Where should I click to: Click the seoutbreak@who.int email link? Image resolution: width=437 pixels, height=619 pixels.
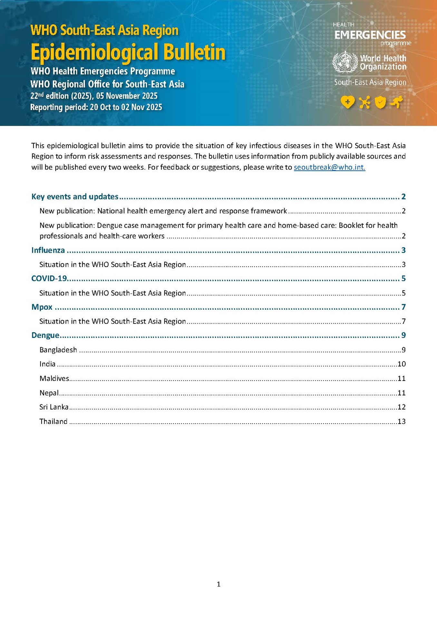[x=329, y=167]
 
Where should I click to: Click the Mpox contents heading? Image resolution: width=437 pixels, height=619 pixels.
[x=42, y=307]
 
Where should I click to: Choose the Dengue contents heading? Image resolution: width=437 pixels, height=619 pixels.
[x=45, y=335]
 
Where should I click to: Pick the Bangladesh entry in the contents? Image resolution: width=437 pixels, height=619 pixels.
[x=58, y=350]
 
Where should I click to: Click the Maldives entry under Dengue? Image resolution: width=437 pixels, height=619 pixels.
[x=54, y=378]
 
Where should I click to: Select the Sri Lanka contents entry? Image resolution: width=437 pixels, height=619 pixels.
[x=54, y=407]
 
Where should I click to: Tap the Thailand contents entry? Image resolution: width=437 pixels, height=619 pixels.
[x=53, y=421]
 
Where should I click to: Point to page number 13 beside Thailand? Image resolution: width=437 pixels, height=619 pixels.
[x=402, y=421]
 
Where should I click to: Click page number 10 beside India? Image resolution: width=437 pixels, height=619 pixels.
[x=402, y=364]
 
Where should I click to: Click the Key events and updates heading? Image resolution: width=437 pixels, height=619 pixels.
[x=75, y=197]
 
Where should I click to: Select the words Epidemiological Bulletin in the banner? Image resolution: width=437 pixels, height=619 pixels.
[x=128, y=53]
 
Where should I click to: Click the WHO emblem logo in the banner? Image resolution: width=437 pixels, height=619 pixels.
[x=345, y=62]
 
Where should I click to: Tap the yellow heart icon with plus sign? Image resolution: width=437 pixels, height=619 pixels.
[x=347, y=102]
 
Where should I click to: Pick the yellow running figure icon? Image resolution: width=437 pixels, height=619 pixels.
[x=397, y=102]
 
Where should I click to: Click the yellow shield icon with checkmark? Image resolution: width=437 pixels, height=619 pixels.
[x=381, y=102]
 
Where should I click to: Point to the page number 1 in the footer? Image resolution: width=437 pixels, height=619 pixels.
[x=218, y=584]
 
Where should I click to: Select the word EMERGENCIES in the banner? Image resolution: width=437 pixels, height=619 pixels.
[x=370, y=35]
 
